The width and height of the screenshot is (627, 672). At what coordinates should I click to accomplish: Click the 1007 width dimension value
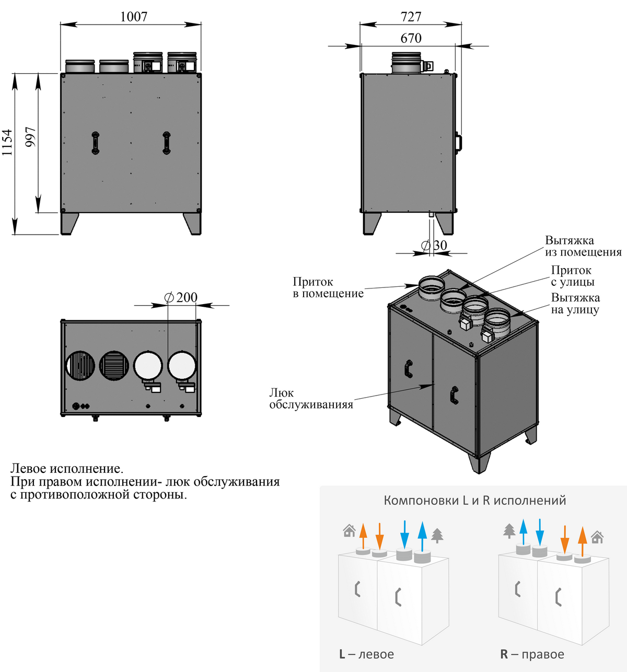click(134, 17)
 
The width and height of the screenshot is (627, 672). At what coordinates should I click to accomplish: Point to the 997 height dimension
click(31, 137)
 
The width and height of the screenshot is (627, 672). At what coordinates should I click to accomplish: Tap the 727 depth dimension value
click(411, 17)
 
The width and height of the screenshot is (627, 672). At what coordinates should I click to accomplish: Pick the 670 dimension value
click(411, 38)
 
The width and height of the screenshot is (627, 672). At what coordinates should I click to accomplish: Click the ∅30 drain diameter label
click(434, 245)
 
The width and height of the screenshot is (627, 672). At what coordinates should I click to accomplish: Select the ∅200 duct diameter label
click(181, 297)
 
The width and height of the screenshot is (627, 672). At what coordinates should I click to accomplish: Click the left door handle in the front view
click(96, 143)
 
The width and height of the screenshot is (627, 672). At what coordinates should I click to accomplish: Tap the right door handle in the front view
click(166, 143)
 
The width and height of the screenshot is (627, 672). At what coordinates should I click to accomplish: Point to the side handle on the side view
click(458, 142)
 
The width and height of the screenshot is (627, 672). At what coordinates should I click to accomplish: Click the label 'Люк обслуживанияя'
click(311, 399)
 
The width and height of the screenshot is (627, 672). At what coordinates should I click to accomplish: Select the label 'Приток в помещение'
click(328, 288)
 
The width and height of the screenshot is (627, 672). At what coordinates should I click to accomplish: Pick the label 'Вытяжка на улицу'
click(575, 304)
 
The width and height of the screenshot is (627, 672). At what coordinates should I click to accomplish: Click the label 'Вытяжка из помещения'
click(583, 246)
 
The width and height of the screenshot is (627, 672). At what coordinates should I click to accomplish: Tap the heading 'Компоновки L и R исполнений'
click(475, 501)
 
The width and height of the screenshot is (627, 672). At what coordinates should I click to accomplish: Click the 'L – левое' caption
click(366, 654)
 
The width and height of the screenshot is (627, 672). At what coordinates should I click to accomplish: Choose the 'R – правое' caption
click(532, 654)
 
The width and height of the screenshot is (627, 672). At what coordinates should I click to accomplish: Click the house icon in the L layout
click(349, 531)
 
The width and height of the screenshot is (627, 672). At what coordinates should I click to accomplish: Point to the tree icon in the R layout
click(509, 531)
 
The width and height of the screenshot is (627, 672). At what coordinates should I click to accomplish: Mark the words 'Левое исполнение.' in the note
click(67, 469)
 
